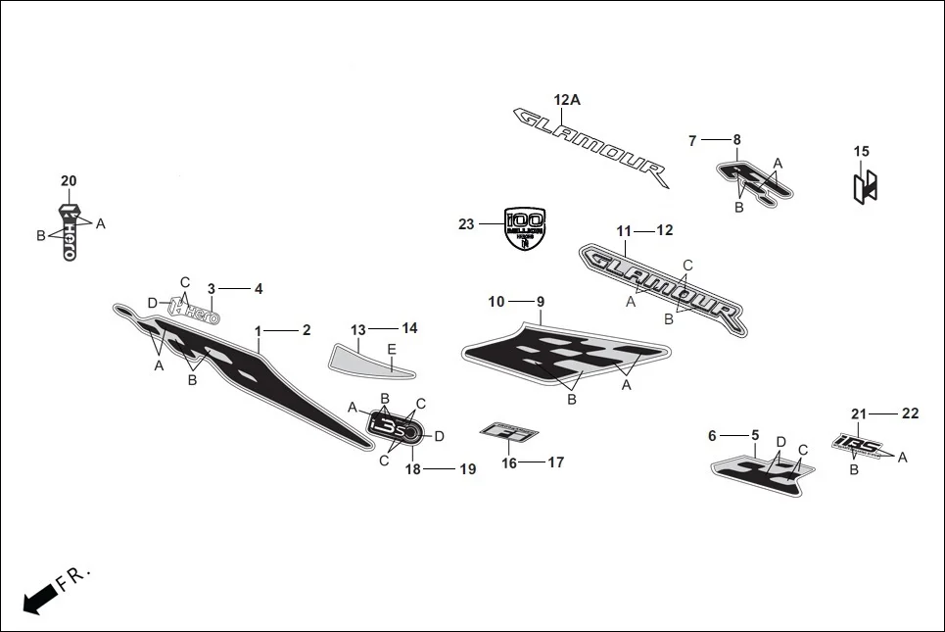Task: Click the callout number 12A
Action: [x=567, y=100]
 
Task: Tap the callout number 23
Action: [x=466, y=224]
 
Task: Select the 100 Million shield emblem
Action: [x=524, y=229]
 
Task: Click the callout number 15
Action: [x=862, y=152]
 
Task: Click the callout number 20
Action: [x=69, y=181]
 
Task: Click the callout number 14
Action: [x=409, y=328]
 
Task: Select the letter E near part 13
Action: [x=392, y=350]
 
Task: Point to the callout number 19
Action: [x=468, y=470]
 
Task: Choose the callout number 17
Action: [x=555, y=462]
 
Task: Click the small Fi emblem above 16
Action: [x=510, y=432]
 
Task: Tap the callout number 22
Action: [x=911, y=413]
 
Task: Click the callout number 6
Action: [x=713, y=435]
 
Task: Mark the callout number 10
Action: [x=496, y=301]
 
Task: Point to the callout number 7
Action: [x=692, y=141]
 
